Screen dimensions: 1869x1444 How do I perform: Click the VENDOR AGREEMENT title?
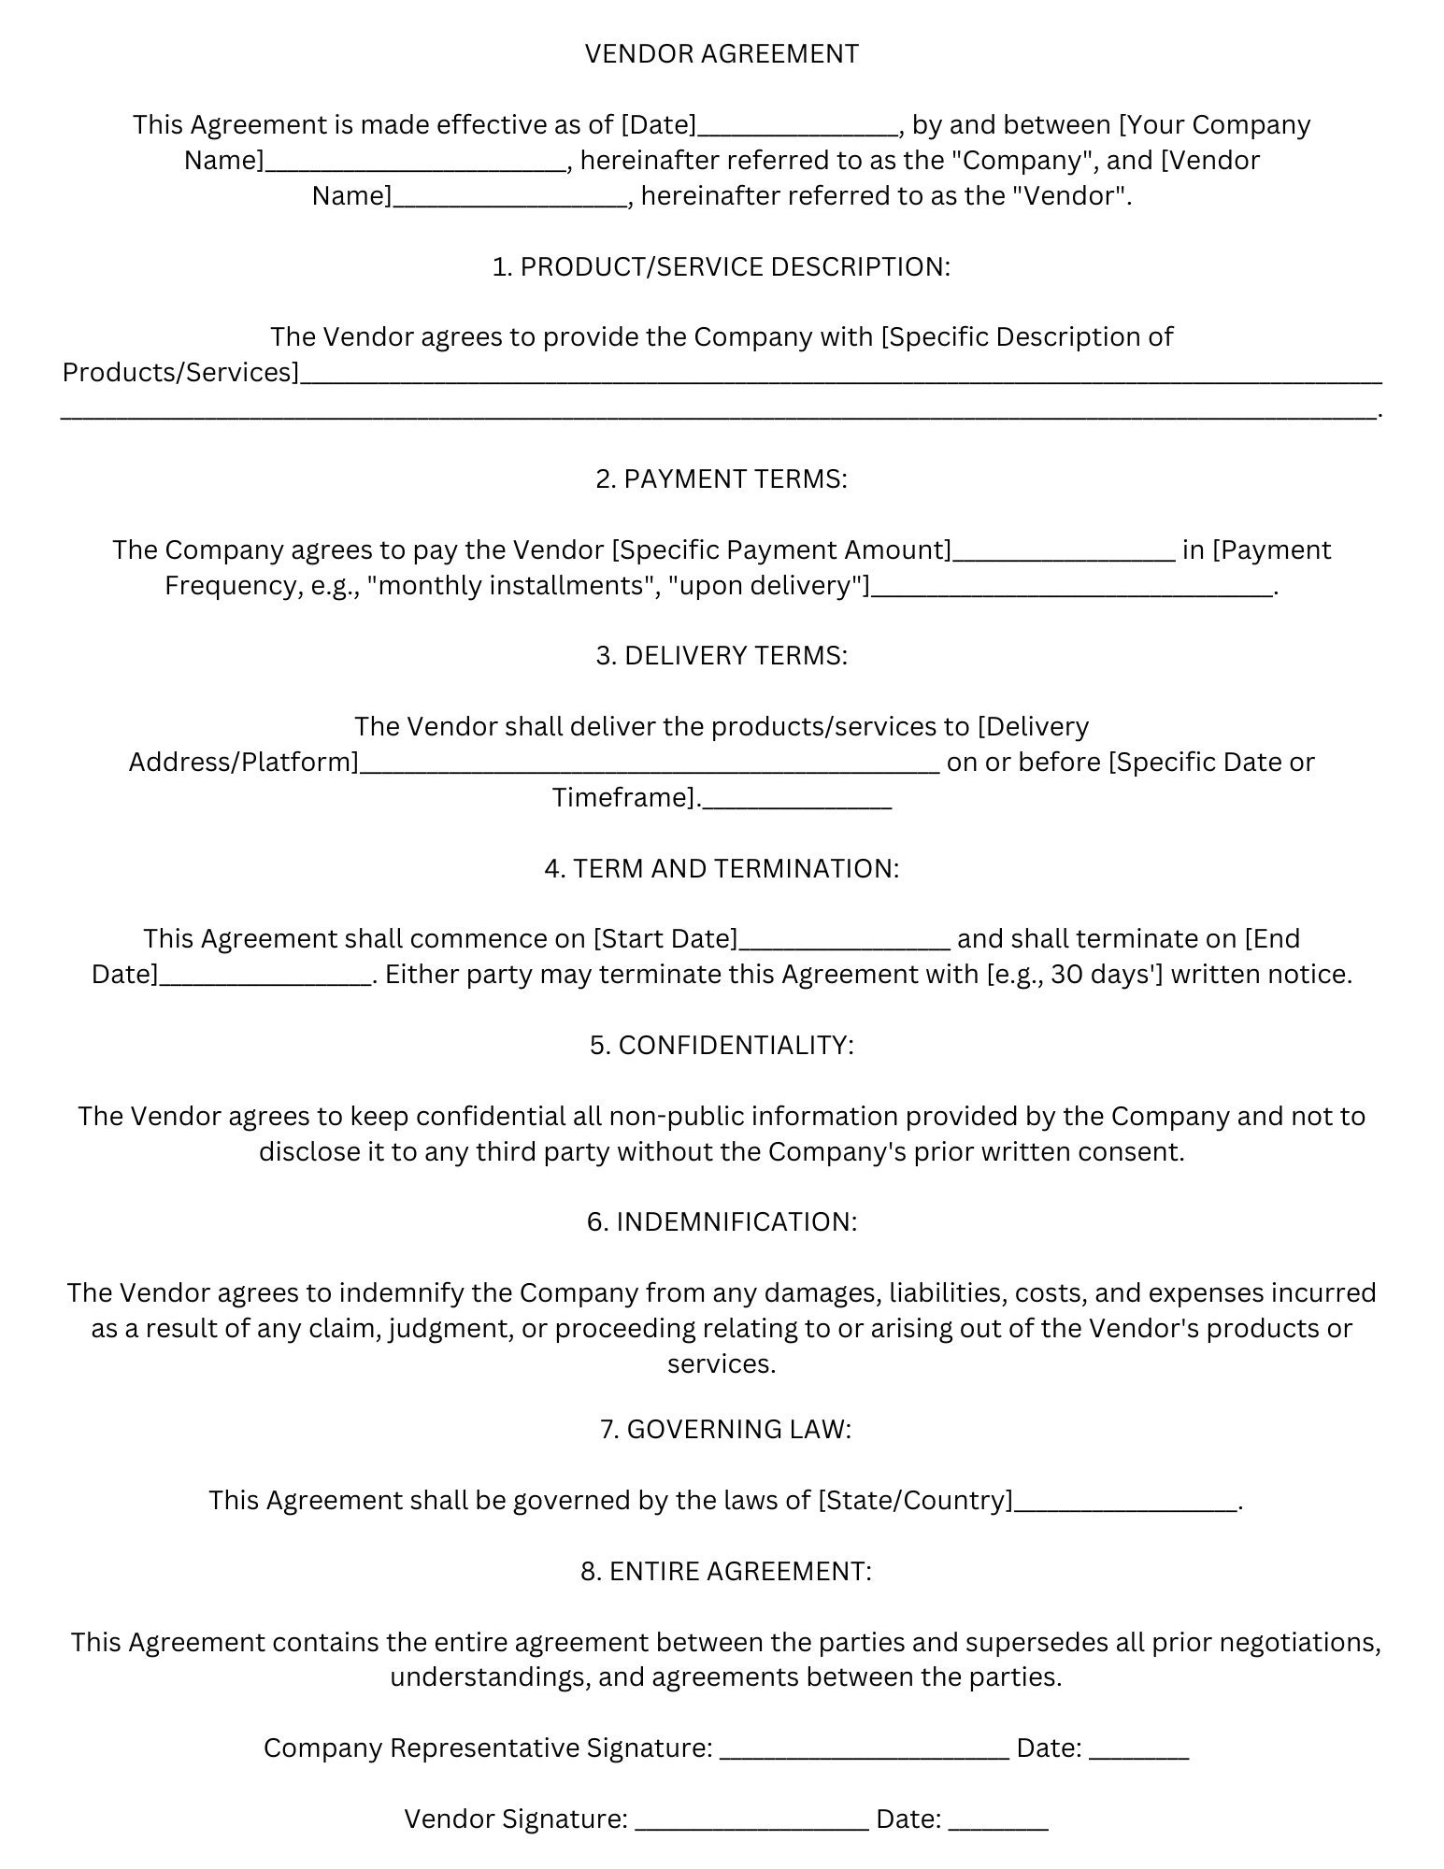coord(722,54)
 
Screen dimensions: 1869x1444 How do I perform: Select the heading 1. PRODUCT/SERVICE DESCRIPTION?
coord(722,267)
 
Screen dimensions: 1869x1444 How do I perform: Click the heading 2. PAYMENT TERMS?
coord(722,479)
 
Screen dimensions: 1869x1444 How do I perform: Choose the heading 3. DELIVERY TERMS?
coord(722,656)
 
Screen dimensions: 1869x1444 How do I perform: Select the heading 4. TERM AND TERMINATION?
coord(722,869)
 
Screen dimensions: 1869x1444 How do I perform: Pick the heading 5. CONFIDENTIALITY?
coord(722,1046)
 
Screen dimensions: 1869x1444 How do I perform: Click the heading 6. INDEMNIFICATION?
coord(722,1222)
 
